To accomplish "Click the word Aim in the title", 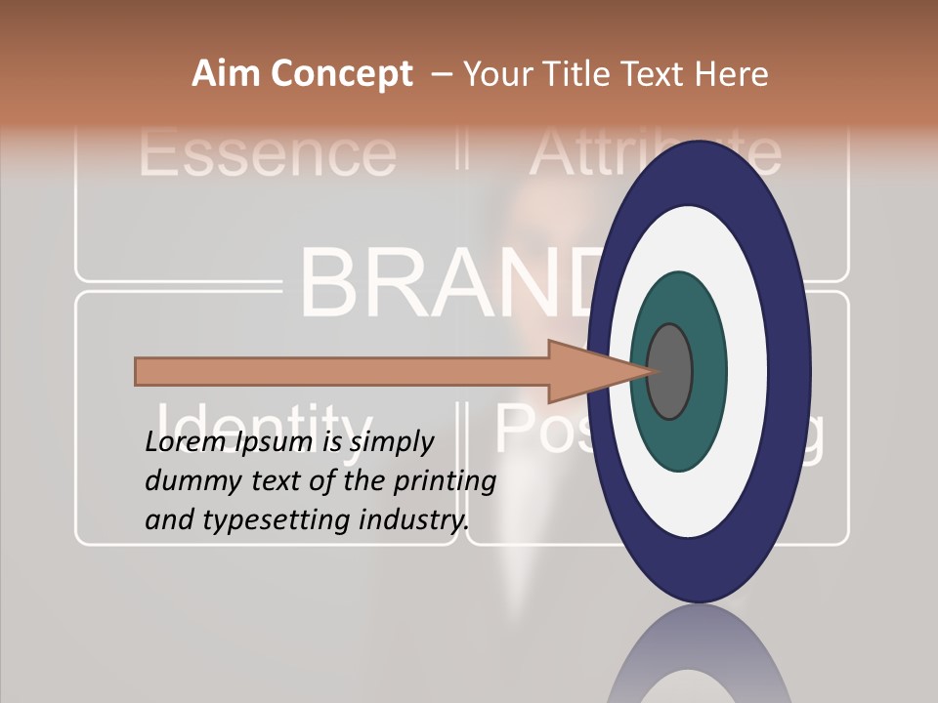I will (226, 74).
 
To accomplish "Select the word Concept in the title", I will (341, 75).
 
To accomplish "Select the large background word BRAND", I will (440, 283).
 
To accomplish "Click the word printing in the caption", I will (445, 481).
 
